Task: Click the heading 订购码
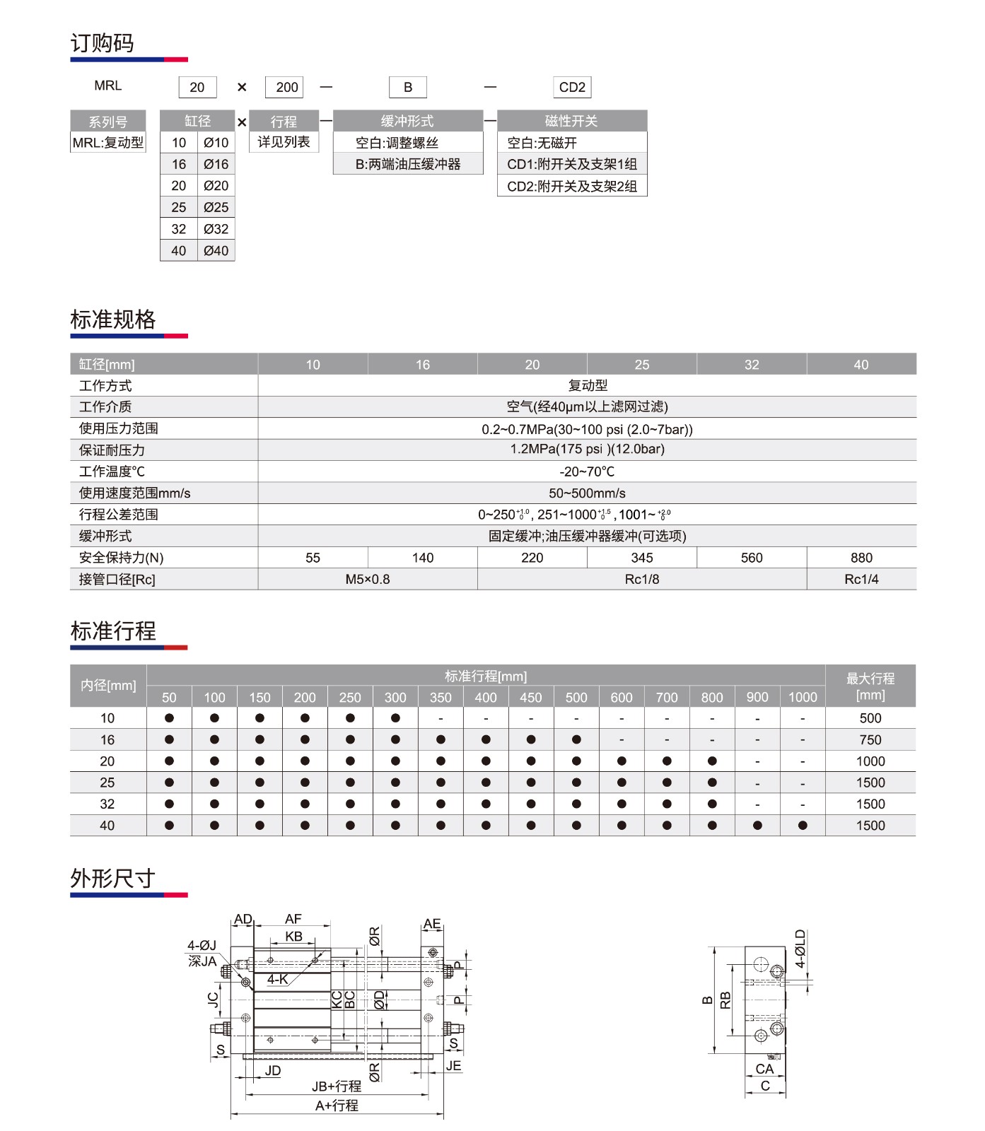[102, 43]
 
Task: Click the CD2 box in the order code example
[571, 87]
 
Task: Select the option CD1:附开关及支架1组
[571, 164]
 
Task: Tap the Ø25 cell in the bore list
[216, 207]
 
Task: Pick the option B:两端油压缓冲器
[408, 164]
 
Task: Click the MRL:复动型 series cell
[108, 142]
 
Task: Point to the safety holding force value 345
[641, 558]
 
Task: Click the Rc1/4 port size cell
[861, 579]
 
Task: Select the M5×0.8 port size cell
[367, 579]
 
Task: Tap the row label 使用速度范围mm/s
[134, 493]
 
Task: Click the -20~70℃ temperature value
[586, 471]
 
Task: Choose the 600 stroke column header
[621, 697]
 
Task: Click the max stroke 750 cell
[870, 739]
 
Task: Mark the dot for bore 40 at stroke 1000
[802, 825]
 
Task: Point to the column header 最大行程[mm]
[870, 686]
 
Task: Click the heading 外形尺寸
[112, 878]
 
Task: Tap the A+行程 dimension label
[337, 1106]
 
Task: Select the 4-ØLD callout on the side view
[800, 948]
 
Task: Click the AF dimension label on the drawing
[293, 919]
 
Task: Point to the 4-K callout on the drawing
[277, 979]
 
